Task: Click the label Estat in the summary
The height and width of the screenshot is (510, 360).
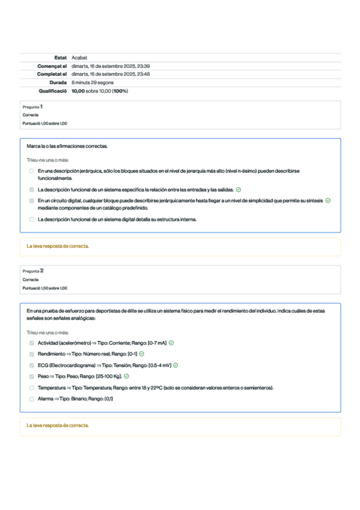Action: point(60,57)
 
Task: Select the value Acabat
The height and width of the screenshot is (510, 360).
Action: point(79,57)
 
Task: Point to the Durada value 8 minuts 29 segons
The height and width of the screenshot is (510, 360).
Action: point(93,82)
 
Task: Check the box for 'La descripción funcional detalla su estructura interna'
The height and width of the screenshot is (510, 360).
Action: point(32,220)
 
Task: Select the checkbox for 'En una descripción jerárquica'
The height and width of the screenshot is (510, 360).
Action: point(32,171)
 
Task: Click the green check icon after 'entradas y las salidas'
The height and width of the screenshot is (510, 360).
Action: point(239,189)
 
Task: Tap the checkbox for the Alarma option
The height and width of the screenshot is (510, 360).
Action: point(32,399)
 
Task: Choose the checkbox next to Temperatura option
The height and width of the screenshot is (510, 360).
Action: point(32,388)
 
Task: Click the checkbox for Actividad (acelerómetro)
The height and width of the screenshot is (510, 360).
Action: point(32,343)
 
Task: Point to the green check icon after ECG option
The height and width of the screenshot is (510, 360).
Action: point(175,365)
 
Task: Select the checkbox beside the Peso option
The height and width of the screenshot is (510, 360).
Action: point(32,376)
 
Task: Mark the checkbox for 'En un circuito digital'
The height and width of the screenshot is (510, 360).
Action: point(32,200)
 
